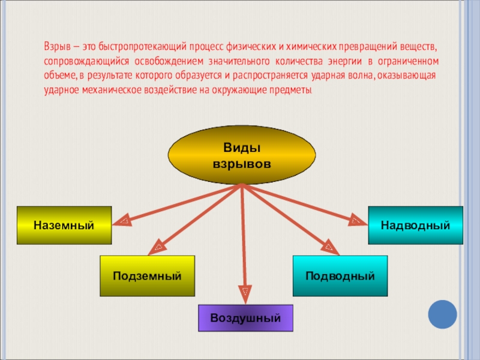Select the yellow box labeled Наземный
[x=64, y=225]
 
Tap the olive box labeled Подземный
[x=147, y=275]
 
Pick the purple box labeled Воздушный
[x=245, y=318]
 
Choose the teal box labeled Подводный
[x=340, y=275]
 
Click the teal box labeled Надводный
[x=415, y=225]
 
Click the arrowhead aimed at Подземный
[x=160, y=245]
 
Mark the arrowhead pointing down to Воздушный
[x=244, y=293]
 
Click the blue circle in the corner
[x=443, y=314]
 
